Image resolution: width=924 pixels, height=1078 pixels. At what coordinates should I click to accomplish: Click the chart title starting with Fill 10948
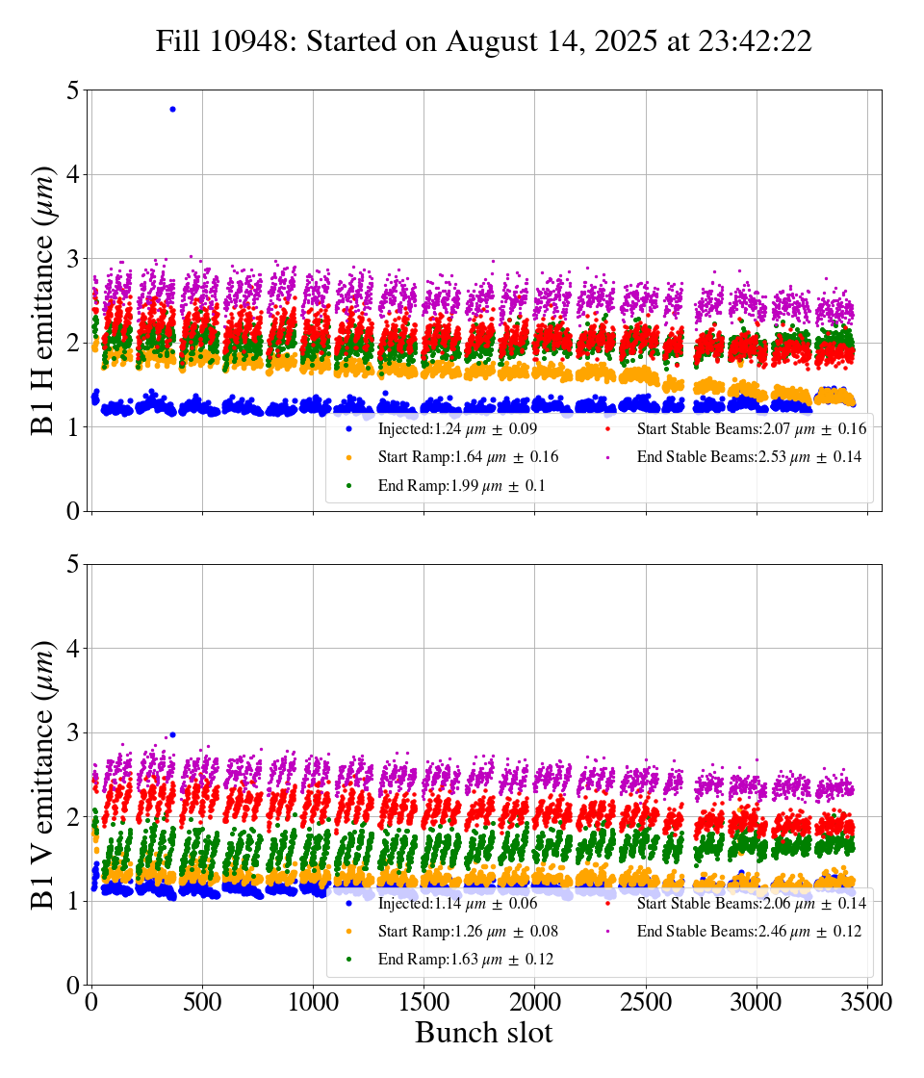483,41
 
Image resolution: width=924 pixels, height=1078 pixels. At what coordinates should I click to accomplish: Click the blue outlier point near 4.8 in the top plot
172,109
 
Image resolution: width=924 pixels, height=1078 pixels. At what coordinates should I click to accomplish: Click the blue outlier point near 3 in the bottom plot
172,734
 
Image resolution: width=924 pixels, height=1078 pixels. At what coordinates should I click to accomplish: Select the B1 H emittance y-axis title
44,299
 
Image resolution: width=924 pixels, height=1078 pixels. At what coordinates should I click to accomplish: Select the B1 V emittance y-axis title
44,774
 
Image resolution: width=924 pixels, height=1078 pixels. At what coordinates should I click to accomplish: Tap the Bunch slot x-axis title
483,1034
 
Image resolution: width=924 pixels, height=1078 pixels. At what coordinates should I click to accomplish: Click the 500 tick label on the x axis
202,1002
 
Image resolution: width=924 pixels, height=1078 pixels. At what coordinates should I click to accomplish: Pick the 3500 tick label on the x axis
867,1002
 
